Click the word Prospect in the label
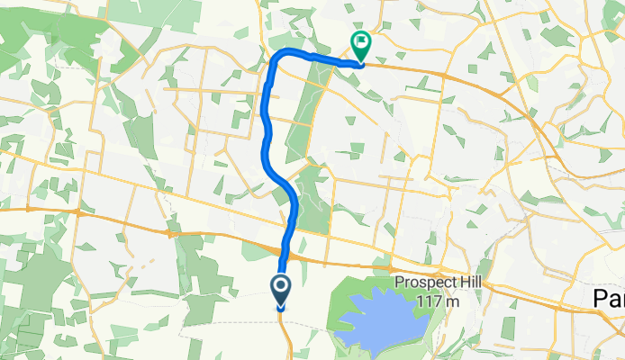click(x=427, y=283)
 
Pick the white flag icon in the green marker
click(x=361, y=40)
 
